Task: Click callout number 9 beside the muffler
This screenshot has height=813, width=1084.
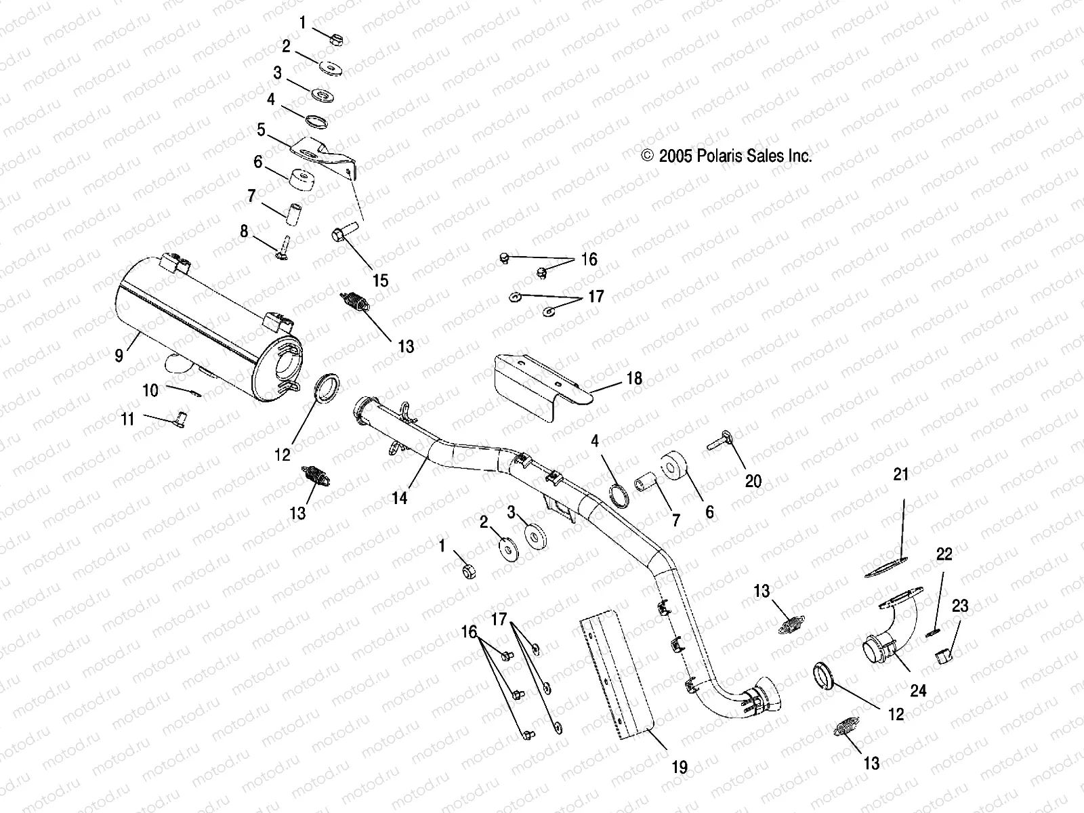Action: (x=119, y=354)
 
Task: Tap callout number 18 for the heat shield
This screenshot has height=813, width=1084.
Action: (x=634, y=378)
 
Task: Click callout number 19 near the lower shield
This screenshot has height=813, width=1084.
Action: (x=680, y=767)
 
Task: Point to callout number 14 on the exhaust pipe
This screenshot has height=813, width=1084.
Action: (x=400, y=498)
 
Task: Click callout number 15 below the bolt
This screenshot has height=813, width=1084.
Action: (x=381, y=280)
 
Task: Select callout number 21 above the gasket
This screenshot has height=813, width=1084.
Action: (x=900, y=475)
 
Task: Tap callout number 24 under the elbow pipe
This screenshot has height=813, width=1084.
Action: (x=918, y=692)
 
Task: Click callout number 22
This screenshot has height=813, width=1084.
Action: (x=944, y=554)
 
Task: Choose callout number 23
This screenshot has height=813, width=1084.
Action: (x=960, y=606)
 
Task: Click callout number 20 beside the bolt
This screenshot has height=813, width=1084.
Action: (x=753, y=481)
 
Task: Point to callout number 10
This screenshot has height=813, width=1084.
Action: (x=150, y=390)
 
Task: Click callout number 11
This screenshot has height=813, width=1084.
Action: (x=127, y=419)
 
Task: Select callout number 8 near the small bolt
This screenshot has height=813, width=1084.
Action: (x=244, y=231)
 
